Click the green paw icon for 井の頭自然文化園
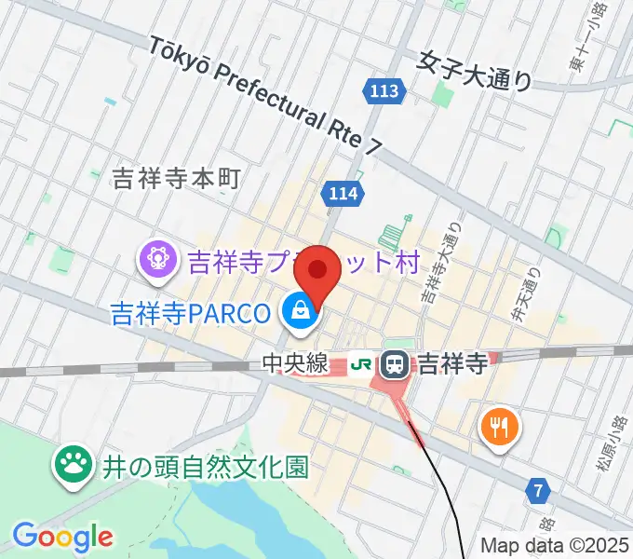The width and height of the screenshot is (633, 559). [72, 466]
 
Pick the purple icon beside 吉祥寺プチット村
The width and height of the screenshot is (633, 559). [156, 260]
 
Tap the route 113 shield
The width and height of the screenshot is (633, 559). [384, 90]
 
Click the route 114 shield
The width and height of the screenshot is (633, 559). [343, 193]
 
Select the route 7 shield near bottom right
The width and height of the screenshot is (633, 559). [537, 488]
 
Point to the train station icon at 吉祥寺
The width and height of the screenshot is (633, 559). [397, 362]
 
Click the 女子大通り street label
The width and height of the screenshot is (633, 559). [475, 71]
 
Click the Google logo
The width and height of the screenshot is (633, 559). [62, 538]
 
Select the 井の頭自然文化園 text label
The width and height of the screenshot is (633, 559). [199, 466]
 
